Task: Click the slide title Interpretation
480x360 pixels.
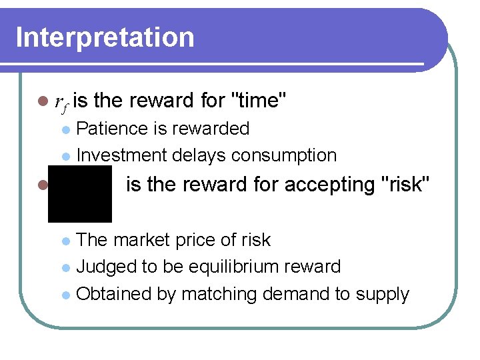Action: tap(105, 37)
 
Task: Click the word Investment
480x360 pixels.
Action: tap(122, 155)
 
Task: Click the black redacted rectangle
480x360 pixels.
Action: tap(79, 194)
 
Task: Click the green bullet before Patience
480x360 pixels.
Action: tap(65, 129)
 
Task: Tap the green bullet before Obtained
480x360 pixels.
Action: tap(65, 295)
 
